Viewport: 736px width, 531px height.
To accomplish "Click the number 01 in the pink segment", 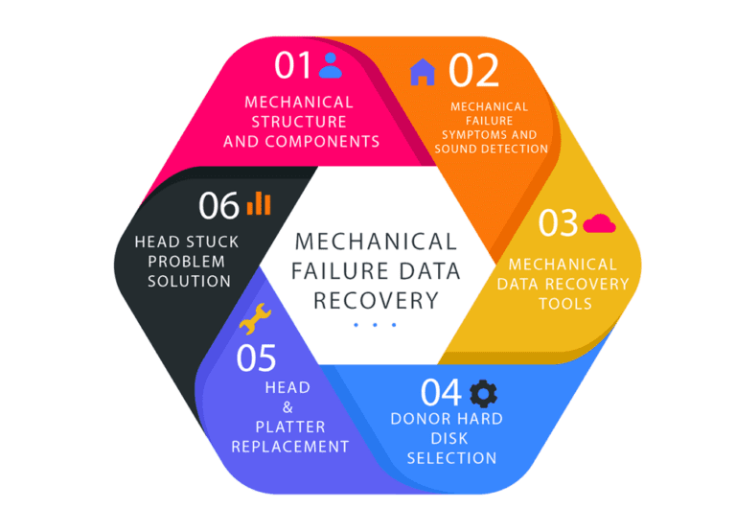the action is pyautogui.click(x=293, y=66).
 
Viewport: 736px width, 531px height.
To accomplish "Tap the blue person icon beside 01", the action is pyautogui.click(x=330, y=65).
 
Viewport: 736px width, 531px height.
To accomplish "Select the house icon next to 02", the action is pyautogui.click(x=423, y=71).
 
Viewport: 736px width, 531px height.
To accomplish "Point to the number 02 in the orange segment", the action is pyautogui.click(x=473, y=71).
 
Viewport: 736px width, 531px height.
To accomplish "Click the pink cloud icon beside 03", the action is pyautogui.click(x=599, y=223).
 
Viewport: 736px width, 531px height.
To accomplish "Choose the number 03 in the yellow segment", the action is pyautogui.click(x=558, y=223).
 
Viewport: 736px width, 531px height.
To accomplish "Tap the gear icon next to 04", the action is pyautogui.click(x=484, y=392).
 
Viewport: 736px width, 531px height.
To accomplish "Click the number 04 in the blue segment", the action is pyautogui.click(x=442, y=393).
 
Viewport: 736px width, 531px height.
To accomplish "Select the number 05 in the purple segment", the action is pyautogui.click(x=256, y=358).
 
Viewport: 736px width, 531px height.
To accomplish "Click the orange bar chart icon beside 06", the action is pyautogui.click(x=259, y=203).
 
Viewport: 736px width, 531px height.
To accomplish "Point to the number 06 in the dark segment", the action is pyautogui.click(x=218, y=205).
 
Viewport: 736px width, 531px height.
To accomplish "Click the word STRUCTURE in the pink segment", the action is pyautogui.click(x=299, y=122).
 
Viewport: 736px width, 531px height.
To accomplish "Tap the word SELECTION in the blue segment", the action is pyautogui.click(x=451, y=458).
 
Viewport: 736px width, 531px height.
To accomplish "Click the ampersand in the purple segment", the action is pyautogui.click(x=287, y=407).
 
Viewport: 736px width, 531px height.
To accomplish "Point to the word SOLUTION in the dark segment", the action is pyautogui.click(x=185, y=281).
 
